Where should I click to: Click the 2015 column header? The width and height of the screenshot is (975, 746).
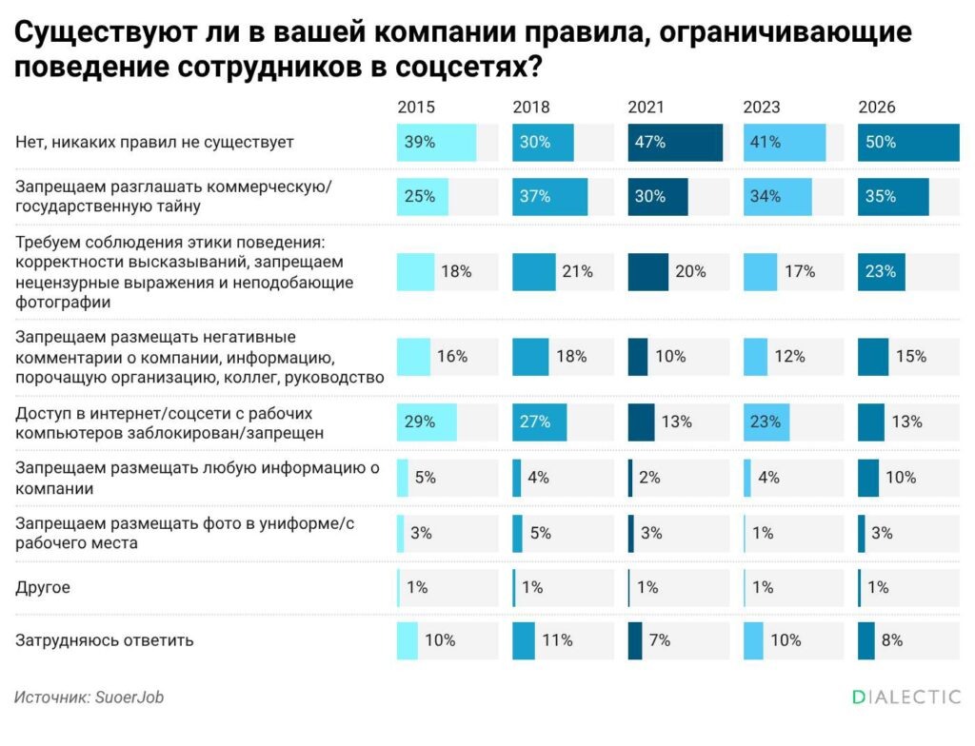(x=416, y=107)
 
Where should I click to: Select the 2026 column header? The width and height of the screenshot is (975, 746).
(x=877, y=107)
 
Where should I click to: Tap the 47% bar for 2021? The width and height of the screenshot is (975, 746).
(x=675, y=143)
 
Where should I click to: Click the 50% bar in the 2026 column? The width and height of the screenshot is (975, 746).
(x=908, y=143)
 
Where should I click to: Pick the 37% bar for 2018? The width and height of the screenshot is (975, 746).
(x=549, y=197)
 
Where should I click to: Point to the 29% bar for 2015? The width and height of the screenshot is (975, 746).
(x=427, y=422)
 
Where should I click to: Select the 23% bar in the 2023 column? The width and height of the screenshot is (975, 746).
(x=766, y=422)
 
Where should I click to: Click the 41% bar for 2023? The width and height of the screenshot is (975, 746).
(x=785, y=143)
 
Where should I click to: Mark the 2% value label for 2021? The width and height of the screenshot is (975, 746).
(x=649, y=478)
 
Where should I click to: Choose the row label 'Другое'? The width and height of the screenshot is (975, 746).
(x=43, y=588)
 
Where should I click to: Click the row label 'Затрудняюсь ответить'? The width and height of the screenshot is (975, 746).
(x=105, y=640)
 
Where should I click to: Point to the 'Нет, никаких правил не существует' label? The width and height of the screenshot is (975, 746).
(x=155, y=143)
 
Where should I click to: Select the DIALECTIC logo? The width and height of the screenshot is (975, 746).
(x=905, y=697)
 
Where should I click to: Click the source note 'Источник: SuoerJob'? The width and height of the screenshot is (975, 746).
(x=90, y=697)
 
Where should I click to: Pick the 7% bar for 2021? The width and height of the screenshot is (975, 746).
(x=635, y=640)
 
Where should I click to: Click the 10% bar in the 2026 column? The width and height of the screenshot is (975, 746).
(x=868, y=478)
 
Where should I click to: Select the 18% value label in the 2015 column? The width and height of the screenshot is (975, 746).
(x=456, y=271)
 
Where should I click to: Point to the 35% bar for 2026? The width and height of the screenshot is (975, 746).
(x=893, y=197)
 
